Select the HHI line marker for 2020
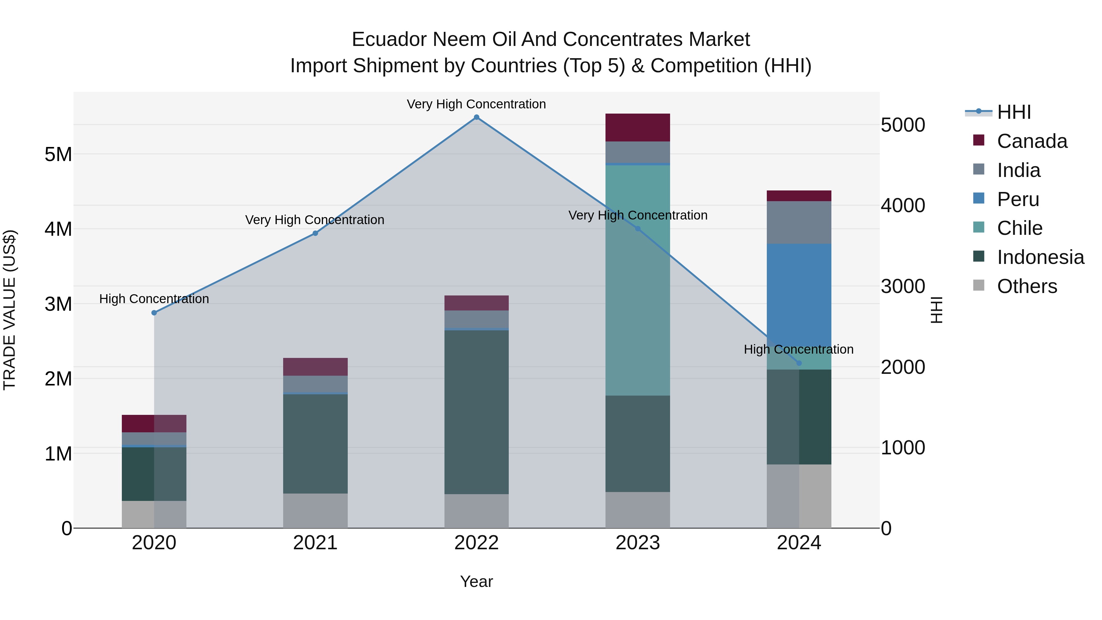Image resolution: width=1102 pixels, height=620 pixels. pyautogui.click(x=154, y=313)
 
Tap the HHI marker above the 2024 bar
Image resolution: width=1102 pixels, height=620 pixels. pyautogui.click(x=799, y=363)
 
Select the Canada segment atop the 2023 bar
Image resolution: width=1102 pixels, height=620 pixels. pyautogui.click(x=637, y=127)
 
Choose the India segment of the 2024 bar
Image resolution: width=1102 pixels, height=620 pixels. pyautogui.click(x=799, y=223)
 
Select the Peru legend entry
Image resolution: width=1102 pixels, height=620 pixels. pyautogui.click(x=1018, y=199)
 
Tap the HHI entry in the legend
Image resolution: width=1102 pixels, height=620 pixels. pyautogui.click(x=1014, y=112)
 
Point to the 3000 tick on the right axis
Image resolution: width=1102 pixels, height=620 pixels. pyautogui.click(x=903, y=286)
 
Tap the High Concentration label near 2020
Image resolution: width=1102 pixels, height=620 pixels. pyautogui.click(x=154, y=299)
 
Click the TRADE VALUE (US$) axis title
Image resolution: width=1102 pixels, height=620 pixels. pyautogui.click(x=9, y=310)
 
